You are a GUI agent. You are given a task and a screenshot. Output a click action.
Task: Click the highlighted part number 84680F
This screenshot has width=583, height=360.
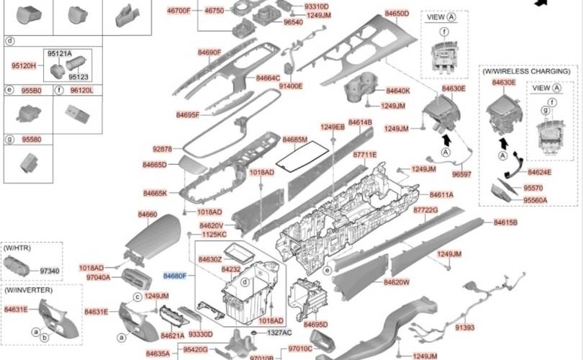pyautogui.click(x=175, y=276)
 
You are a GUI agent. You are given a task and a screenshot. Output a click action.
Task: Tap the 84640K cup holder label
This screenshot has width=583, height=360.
pyautogui.click(x=397, y=91)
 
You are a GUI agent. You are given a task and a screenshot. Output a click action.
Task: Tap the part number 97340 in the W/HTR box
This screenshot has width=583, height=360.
pyautogui.click(x=50, y=271)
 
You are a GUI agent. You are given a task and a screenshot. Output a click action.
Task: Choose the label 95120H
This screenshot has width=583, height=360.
pyautogui.click(x=23, y=66)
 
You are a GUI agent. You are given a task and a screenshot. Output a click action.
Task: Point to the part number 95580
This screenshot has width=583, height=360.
pyautogui.click(x=32, y=139)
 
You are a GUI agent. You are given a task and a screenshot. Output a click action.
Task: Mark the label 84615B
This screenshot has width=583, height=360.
pyautogui.click(x=505, y=223)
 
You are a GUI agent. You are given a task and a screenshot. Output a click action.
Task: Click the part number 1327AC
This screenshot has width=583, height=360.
pyautogui.click(x=279, y=333)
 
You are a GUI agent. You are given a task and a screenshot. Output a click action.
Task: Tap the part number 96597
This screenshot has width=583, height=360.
pyautogui.click(x=461, y=174)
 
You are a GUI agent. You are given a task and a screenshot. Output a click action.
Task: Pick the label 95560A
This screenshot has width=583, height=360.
pyautogui.click(x=535, y=200)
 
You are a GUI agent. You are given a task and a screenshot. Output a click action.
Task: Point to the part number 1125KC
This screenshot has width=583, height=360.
pyautogui.click(x=214, y=235)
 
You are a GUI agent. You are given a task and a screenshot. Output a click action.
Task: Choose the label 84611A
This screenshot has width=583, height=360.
pyautogui.click(x=441, y=194)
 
